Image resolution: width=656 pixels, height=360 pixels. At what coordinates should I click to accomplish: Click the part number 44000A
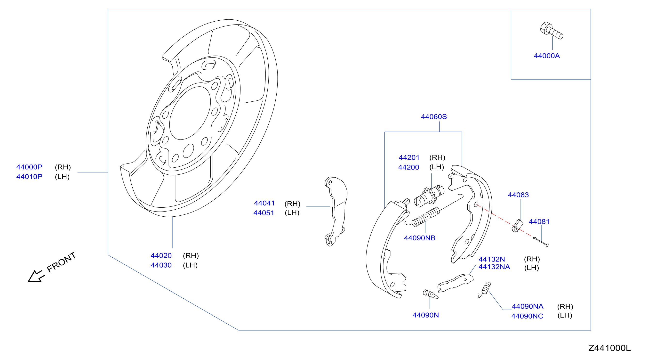pos(546,56)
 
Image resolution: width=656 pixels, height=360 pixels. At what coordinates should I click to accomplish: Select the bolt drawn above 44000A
pos(551,31)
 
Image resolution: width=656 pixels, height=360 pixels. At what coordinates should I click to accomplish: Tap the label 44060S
pos(434,117)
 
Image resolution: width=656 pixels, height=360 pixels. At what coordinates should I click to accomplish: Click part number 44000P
pos(29,167)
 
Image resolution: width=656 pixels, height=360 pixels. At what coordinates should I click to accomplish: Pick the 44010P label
pos(29,177)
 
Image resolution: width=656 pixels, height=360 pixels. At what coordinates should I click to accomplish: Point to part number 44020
pos(161,255)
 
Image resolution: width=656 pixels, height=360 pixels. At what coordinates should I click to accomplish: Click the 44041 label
pos(264,203)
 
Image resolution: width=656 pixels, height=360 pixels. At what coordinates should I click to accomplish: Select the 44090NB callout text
pos(420,238)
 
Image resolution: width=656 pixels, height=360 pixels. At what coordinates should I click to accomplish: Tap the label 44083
pos(518,195)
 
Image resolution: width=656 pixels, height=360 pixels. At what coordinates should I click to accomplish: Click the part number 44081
pos(539,222)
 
